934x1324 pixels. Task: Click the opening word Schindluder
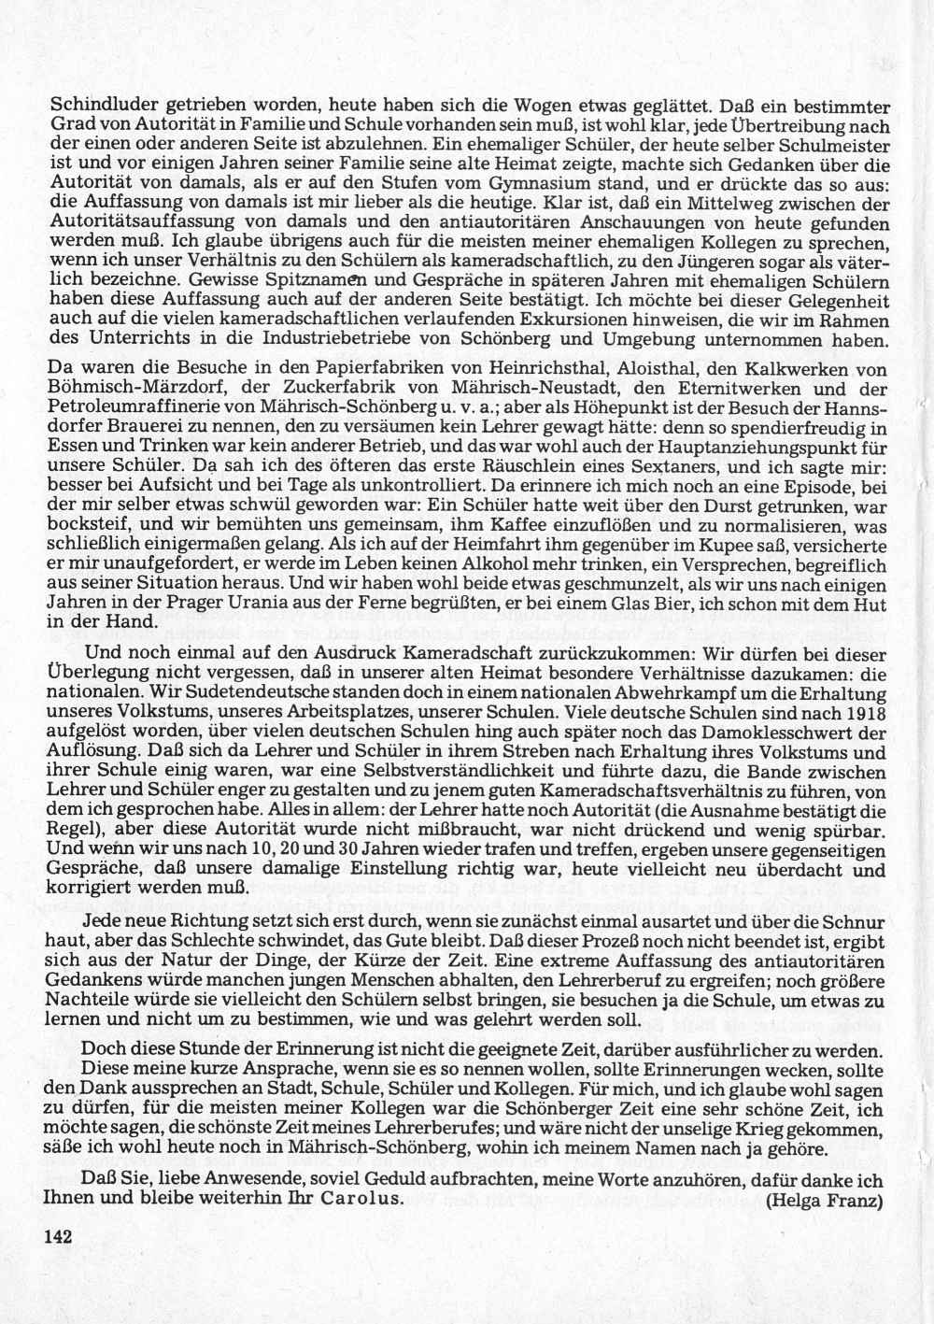point(96,105)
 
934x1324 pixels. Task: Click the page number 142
point(59,1235)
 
